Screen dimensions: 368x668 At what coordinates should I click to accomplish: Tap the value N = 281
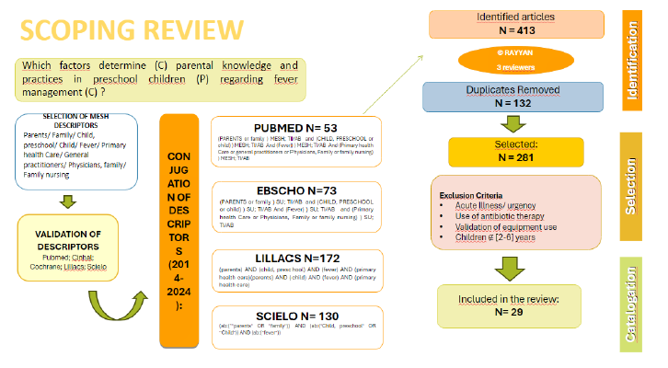tap(516, 156)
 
